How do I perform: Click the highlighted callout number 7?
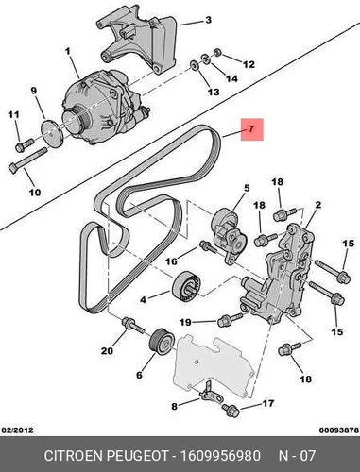[251, 129]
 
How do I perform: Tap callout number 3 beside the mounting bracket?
[208, 20]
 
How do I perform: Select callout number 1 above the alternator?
[67, 51]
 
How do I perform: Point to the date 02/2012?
[18, 430]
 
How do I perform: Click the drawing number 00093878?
[339, 430]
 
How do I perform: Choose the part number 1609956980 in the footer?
[220, 456]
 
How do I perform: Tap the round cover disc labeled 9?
[51, 132]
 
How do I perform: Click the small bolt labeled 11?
[25, 145]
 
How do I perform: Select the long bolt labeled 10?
[27, 160]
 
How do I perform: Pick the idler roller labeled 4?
[187, 285]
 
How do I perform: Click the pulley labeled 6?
[162, 342]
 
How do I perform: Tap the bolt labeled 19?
[230, 319]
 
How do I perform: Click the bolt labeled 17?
[230, 410]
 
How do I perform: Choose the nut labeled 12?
[217, 52]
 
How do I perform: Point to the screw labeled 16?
[208, 246]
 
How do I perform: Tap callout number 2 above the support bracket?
[318, 205]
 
